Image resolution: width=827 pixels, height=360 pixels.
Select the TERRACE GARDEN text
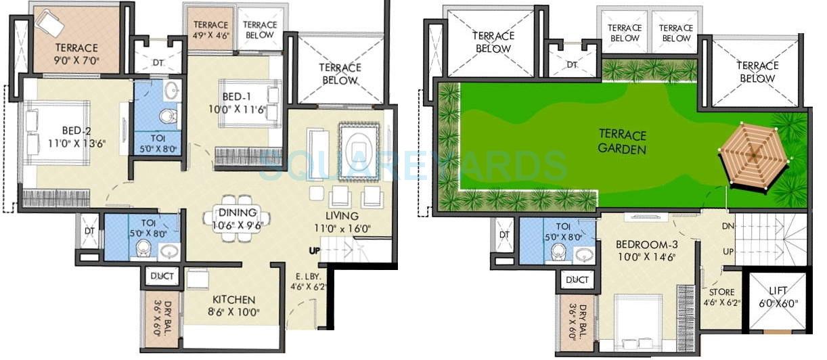pos(622,142)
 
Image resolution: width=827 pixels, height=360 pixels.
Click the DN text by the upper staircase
pos(728,226)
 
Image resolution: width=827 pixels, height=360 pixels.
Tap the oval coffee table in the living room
pos(357,152)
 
